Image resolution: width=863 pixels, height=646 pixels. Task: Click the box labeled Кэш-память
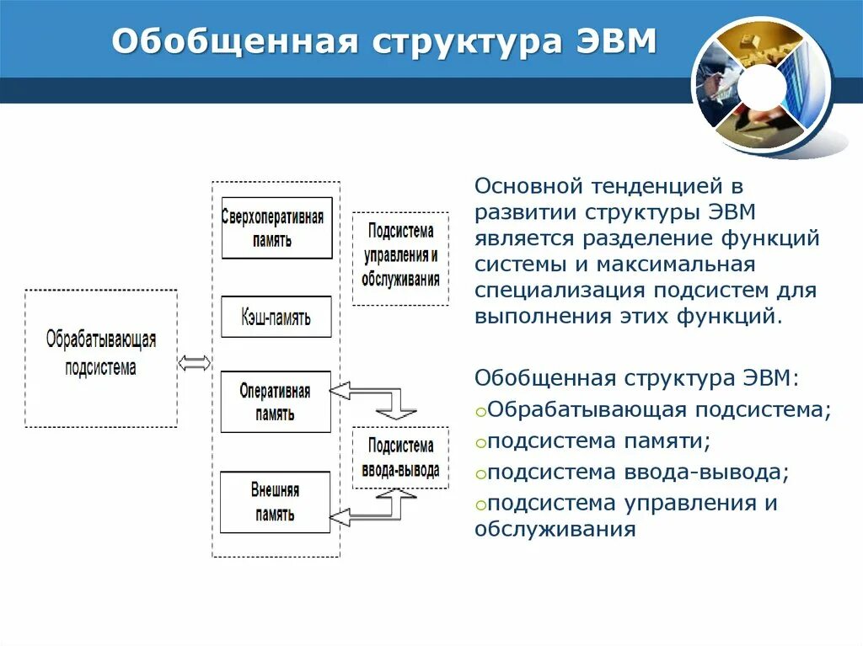[x=276, y=317]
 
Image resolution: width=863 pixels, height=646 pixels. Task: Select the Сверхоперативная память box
[x=276, y=227]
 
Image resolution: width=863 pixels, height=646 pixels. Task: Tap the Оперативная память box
[x=276, y=402]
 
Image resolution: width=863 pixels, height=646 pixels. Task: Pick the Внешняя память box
[x=275, y=502]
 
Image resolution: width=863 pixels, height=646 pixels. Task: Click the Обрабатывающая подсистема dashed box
[x=101, y=357]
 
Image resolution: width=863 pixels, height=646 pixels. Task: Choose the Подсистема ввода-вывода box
[x=400, y=457]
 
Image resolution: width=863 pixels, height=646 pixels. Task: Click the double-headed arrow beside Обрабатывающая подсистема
[x=195, y=363]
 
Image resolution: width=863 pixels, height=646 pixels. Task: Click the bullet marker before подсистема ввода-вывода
[x=480, y=474]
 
